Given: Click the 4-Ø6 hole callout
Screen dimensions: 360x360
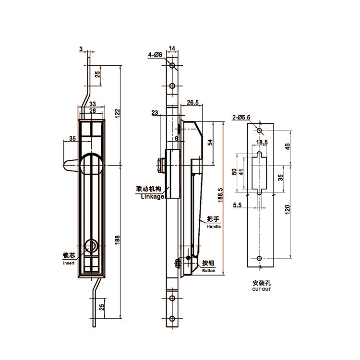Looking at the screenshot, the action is tap(155, 55).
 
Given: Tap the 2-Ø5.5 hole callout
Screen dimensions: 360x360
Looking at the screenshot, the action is tap(241, 117).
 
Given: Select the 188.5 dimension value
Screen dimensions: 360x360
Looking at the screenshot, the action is tap(220, 195).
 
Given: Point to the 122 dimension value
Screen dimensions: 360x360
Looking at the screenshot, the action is tap(117, 113).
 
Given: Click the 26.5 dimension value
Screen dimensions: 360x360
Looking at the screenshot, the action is tap(192, 102).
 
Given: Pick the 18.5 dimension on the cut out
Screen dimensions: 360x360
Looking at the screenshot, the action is tap(262, 143).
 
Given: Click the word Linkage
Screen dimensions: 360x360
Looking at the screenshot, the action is tap(153, 196).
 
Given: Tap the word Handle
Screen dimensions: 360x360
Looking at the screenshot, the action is tap(214, 227).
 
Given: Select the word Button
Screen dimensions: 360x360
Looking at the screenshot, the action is tap(208, 270).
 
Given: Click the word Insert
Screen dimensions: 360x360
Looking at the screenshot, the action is tap(69, 263).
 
